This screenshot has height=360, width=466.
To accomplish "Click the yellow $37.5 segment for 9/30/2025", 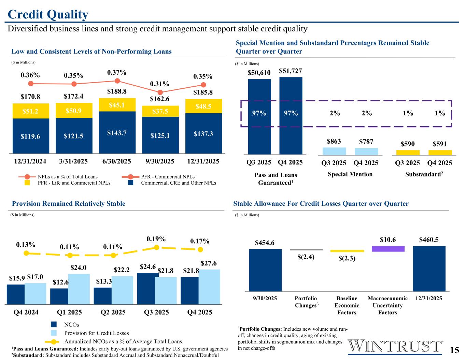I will (160, 111).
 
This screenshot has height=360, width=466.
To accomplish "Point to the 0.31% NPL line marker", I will (160, 92).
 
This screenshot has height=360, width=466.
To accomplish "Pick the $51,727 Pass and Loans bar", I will (291, 116).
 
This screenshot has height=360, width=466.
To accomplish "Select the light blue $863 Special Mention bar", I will (334, 151).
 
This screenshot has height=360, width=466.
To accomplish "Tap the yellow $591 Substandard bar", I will (440, 152).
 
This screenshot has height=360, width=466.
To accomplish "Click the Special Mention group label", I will (350, 174).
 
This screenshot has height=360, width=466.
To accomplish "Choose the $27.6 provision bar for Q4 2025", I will (209, 287).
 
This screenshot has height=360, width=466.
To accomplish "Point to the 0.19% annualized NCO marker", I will (156, 247).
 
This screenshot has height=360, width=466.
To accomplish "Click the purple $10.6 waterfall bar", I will (388, 249).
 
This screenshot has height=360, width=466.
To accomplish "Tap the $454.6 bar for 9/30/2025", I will (265, 270).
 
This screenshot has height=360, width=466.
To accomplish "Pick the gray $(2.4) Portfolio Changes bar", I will (306, 249).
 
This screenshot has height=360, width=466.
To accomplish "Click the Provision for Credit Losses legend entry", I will (97, 333).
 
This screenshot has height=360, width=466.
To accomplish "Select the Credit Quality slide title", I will (48, 14).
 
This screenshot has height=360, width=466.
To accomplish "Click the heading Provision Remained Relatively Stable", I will (69, 204).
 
